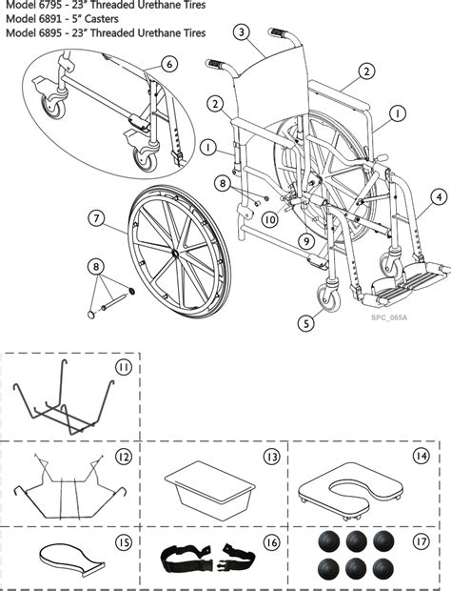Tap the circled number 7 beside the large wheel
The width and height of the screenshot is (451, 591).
click(x=95, y=218)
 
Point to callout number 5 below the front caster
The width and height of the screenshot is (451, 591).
click(x=306, y=323)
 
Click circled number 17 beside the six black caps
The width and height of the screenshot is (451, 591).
click(x=421, y=543)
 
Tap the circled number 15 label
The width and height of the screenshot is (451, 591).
click(x=123, y=542)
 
